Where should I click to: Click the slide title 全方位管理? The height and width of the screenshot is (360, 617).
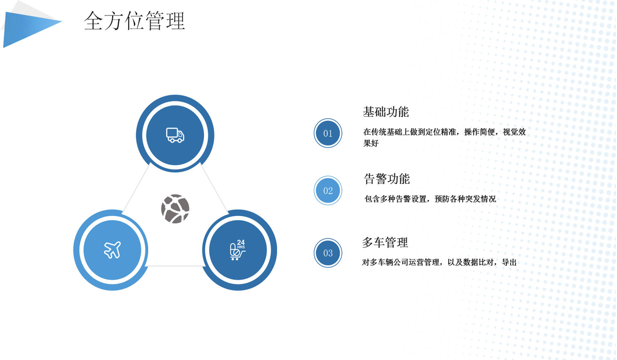(134, 21)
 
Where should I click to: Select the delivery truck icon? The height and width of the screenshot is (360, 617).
(175, 135)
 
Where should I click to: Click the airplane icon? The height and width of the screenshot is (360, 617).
(112, 250)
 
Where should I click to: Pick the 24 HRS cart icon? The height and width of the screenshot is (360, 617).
(238, 250)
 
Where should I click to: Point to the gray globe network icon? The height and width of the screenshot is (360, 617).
(175, 208)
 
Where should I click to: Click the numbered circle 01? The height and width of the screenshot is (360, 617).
(328, 133)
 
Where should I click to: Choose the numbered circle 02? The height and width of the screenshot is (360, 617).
(328, 191)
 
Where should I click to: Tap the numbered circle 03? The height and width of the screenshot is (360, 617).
(328, 253)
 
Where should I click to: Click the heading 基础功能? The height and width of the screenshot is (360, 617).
(386, 112)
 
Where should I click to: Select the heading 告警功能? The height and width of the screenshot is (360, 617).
(387, 179)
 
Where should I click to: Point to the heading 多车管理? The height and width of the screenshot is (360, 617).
(385, 242)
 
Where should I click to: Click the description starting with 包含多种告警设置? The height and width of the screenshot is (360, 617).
(430, 199)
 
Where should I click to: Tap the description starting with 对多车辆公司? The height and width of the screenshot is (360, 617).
(439, 262)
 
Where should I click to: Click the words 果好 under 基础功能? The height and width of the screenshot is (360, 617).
(371, 143)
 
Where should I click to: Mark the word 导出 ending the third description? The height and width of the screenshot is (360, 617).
(509, 262)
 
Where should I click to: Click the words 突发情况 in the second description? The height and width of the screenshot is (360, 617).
(481, 199)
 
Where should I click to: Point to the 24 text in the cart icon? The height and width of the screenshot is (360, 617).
(241, 242)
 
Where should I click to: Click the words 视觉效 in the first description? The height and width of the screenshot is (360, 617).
(514, 132)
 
